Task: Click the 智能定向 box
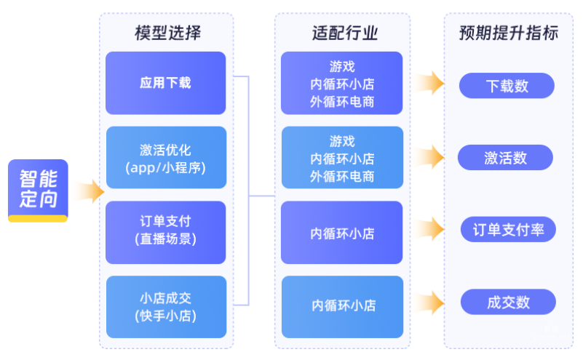tap(38, 188)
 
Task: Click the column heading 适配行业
tap(341, 33)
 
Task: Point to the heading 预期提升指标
tap(508, 33)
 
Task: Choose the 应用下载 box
tap(165, 83)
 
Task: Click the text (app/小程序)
tap(165, 167)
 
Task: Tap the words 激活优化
tap(165, 150)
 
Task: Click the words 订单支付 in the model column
tap(165, 223)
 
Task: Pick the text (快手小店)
tap(165, 316)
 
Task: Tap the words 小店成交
tap(165, 298)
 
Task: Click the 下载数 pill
tap(507, 86)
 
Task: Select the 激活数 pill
tap(505, 158)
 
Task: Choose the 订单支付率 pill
tap(508, 229)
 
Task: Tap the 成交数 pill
tap(508, 302)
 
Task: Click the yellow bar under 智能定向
tap(38, 218)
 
